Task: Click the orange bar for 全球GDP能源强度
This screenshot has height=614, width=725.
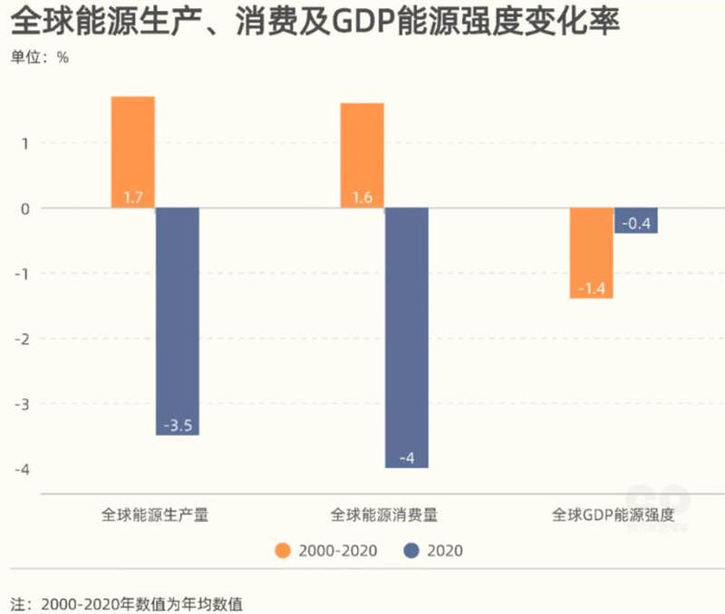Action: pos(591,253)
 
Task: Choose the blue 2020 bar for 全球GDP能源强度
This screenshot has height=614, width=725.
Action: pos(636,220)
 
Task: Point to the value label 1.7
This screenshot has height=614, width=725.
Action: pos(132,197)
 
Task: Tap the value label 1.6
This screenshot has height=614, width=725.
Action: pos(362,197)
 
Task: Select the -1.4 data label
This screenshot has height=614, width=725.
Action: pos(591,288)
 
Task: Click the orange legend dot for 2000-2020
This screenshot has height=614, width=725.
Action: pos(284,551)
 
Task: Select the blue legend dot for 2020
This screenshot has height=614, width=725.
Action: pos(411,551)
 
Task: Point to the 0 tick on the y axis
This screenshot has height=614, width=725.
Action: pos(26,209)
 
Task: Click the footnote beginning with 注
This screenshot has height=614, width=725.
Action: pos(127,602)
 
